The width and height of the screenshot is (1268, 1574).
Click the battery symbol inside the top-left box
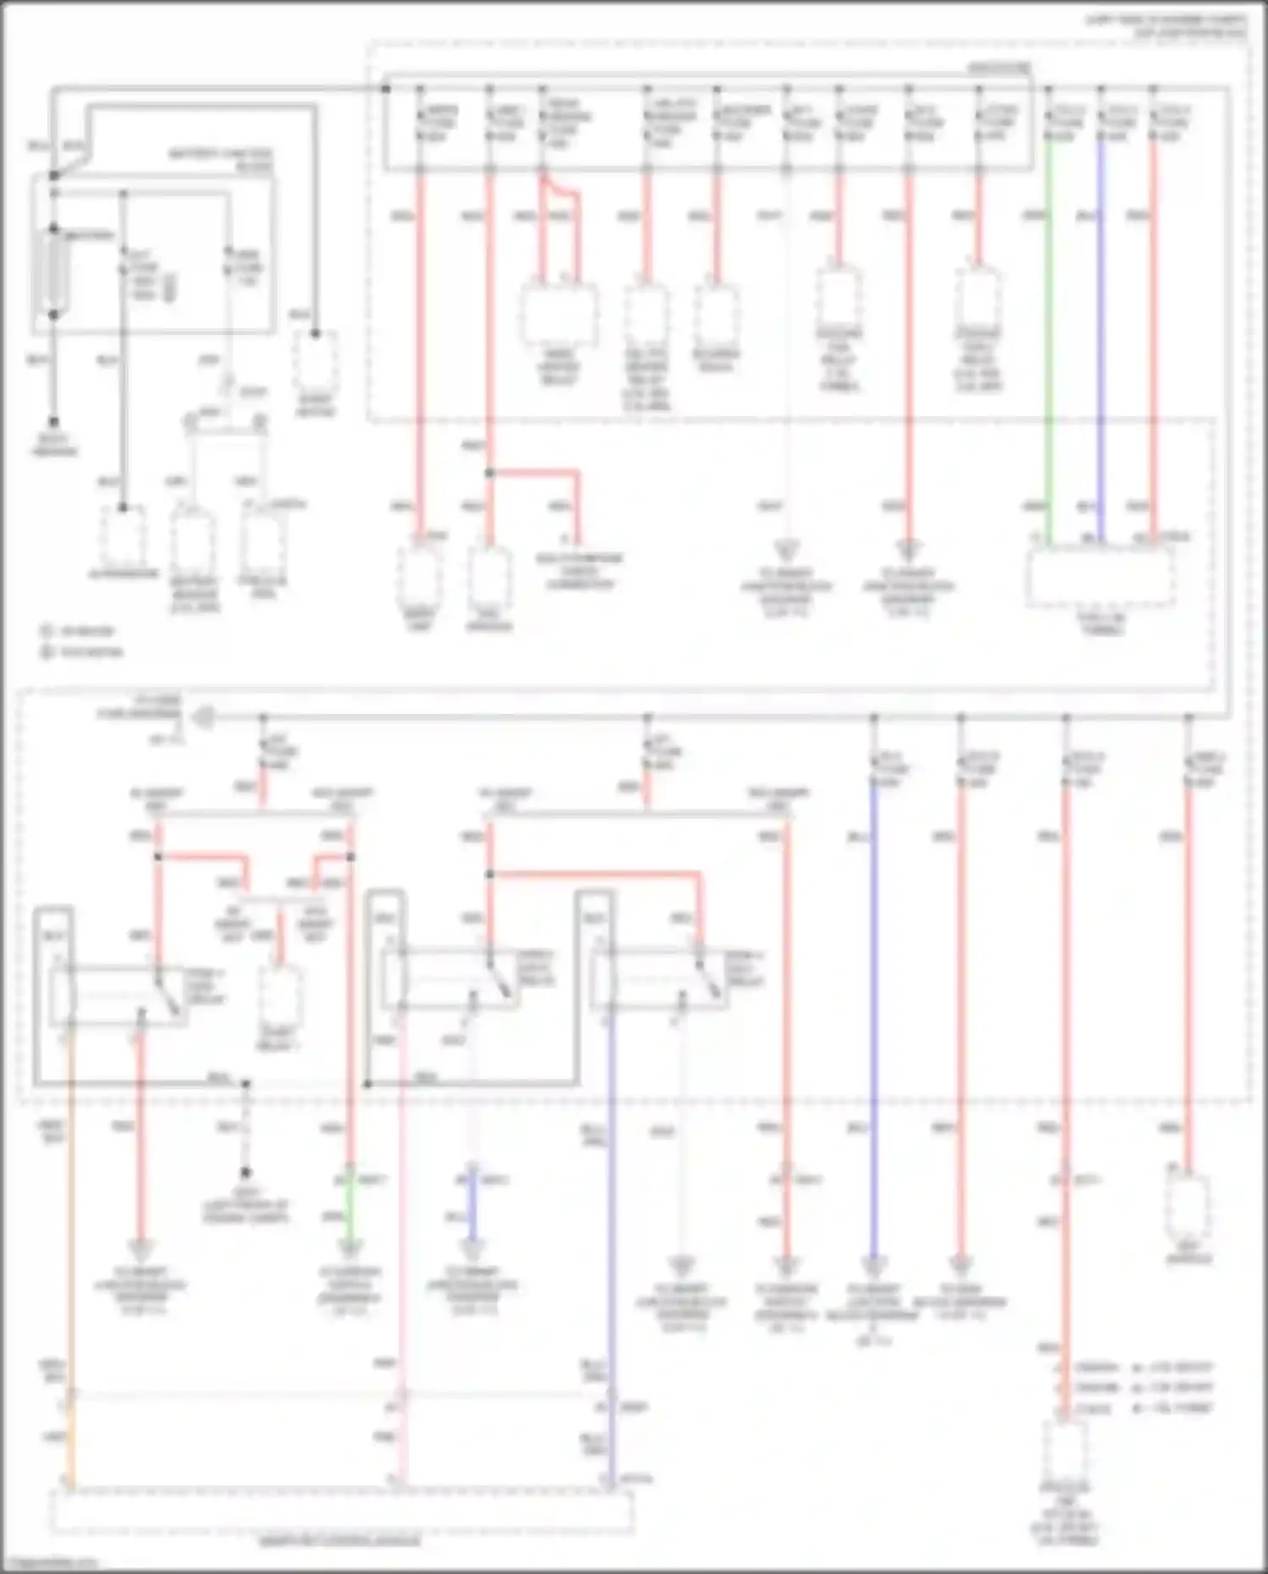[53, 271]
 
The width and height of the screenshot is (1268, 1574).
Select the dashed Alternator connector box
[123, 537]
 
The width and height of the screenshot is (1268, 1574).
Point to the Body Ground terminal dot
[53, 421]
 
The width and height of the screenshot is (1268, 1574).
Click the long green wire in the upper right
[1049, 338]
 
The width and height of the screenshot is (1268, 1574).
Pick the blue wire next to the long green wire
[1101, 338]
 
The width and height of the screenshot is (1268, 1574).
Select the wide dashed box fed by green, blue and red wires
[1101, 575]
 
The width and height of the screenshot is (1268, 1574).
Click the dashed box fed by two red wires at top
[558, 313]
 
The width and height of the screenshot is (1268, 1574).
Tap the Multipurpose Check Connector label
[580, 571]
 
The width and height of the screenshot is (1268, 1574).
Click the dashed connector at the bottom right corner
[1064, 1451]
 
